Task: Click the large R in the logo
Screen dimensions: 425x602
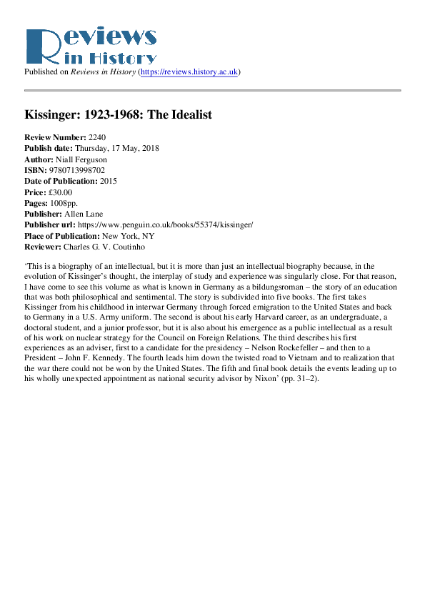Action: click(x=40, y=49)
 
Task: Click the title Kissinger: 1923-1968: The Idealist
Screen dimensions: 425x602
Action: click(x=118, y=114)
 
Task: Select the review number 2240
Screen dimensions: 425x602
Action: click(x=97, y=137)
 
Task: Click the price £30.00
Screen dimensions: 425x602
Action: click(x=59, y=192)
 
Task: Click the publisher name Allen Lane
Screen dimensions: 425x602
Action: click(x=83, y=214)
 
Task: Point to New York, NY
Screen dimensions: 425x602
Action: click(x=128, y=236)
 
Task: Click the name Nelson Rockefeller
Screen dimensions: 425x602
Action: click(x=315, y=345)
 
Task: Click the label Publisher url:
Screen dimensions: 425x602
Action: click(x=50, y=225)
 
